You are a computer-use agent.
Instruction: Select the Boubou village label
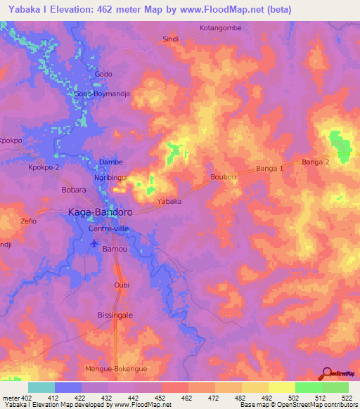[221, 178]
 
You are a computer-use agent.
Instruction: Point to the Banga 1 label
[269, 169]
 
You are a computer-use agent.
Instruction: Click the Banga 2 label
[316, 162]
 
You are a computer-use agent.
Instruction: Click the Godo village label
[103, 74]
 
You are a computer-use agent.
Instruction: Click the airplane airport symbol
[96, 244]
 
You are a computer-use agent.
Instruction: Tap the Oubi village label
[122, 285]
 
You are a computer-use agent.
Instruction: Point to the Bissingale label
[114, 316]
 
